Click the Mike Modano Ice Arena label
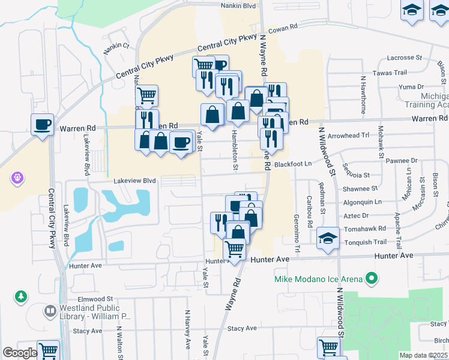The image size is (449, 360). point(318,279)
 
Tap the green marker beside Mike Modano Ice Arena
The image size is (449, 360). point(372,278)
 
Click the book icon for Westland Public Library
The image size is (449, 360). point(49,311)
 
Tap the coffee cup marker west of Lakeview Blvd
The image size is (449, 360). point(42,125)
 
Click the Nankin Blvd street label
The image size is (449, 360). point(238,5)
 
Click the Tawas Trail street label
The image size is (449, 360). point(390,73)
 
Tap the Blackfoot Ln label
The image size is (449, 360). point(294,164)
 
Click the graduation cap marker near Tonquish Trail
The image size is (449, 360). point(328,238)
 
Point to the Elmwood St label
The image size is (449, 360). point(95,298)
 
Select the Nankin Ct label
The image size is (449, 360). point(116,46)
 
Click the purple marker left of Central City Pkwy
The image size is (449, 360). point(16,178)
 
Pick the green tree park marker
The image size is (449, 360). point(21,296)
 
